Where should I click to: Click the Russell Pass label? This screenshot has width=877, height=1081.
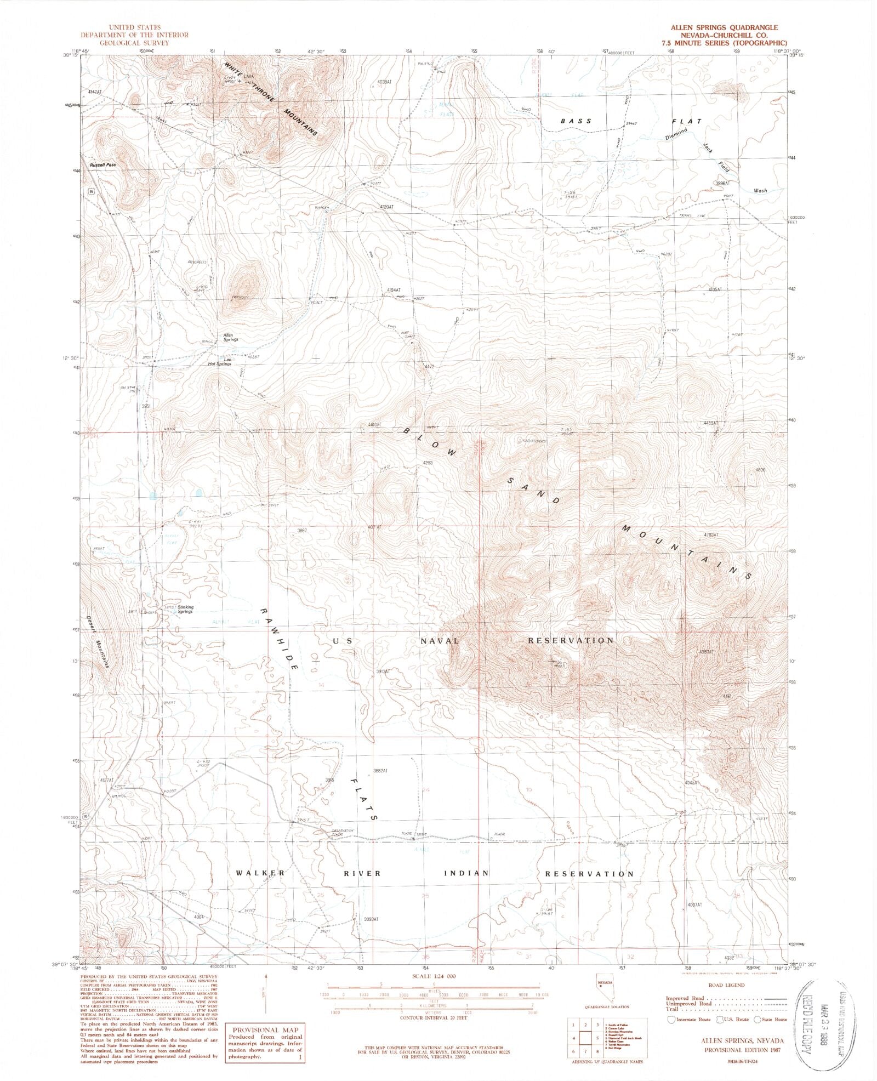[104, 164]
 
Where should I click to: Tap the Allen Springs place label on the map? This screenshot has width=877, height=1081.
[230, 337]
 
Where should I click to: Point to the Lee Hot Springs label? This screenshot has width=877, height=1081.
[219, 361]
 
